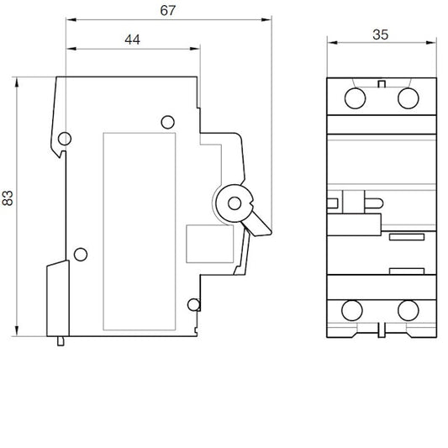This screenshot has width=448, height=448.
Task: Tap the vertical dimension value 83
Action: (8, 198)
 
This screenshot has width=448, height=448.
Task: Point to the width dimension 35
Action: (379, 35)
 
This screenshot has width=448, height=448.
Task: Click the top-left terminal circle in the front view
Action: (352, 98)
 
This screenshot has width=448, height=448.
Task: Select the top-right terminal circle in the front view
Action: (408, 98)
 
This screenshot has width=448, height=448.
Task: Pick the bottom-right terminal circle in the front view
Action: (408, 310)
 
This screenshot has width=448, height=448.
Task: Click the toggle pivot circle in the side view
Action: (234, 202)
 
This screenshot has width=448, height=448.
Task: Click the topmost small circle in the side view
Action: (166, 120)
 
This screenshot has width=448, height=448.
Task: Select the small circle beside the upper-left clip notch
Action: (65, 138)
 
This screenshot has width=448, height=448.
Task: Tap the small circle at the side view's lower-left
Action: (80, 254)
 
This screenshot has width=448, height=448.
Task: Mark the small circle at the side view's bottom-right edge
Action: (193, 304)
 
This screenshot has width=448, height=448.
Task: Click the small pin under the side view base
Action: (61, 340)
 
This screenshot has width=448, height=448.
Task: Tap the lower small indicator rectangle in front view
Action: (406, 271)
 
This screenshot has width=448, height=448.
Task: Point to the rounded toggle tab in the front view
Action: (367, 201)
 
